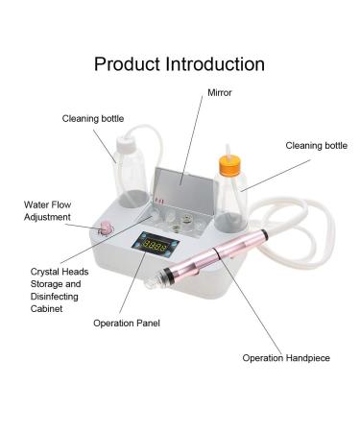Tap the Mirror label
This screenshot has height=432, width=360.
tap(220, 94)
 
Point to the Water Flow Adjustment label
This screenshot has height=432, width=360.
tap(47, 210)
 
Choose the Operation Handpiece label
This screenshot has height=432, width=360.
tap(286, 358)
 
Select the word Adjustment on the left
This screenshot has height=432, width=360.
tap(47, 217)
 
